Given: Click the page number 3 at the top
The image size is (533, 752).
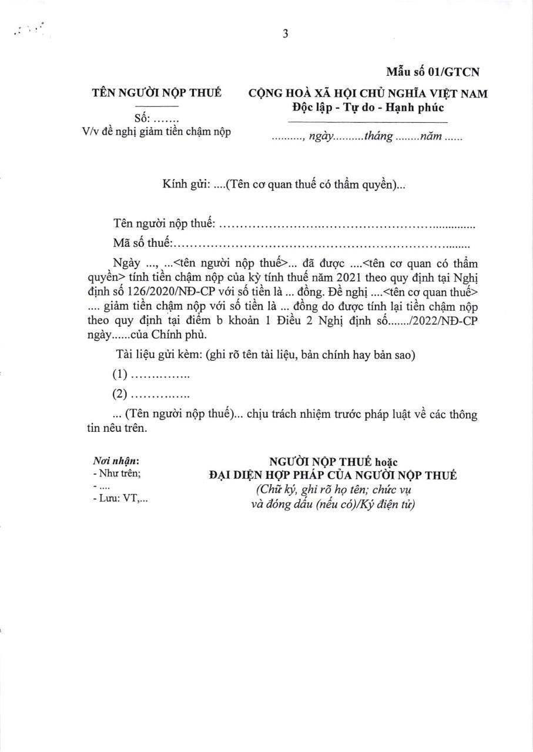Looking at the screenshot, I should (x=285, y=34).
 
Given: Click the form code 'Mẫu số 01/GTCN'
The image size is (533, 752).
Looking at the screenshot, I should (x=433, y=72).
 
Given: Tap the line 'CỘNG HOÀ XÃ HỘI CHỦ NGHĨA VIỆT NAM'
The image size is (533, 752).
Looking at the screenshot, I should (x=368, y=93).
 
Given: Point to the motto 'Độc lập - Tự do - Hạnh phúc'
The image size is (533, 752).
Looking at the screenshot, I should (x=368, y=108).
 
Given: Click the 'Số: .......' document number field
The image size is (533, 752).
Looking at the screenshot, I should (x=152, y=119).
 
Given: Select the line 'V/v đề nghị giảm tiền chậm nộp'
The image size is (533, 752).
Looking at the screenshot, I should (x=156, y=132).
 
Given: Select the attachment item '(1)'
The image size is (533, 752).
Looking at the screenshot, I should (x=120, y=375).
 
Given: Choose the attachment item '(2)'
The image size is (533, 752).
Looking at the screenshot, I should (x=120, y=394).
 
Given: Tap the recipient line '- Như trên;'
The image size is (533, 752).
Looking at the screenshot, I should (x=117, y=474).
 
